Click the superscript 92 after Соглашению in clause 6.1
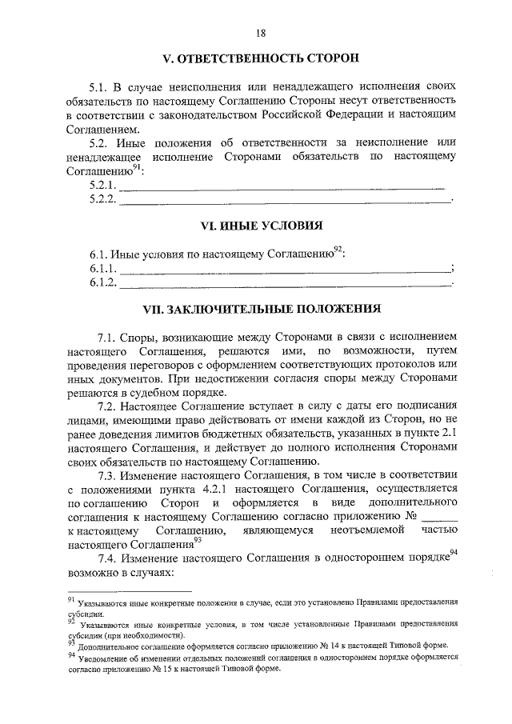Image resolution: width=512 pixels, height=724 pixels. [338, 250]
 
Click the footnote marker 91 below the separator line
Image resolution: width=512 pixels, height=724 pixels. [70, 597]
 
